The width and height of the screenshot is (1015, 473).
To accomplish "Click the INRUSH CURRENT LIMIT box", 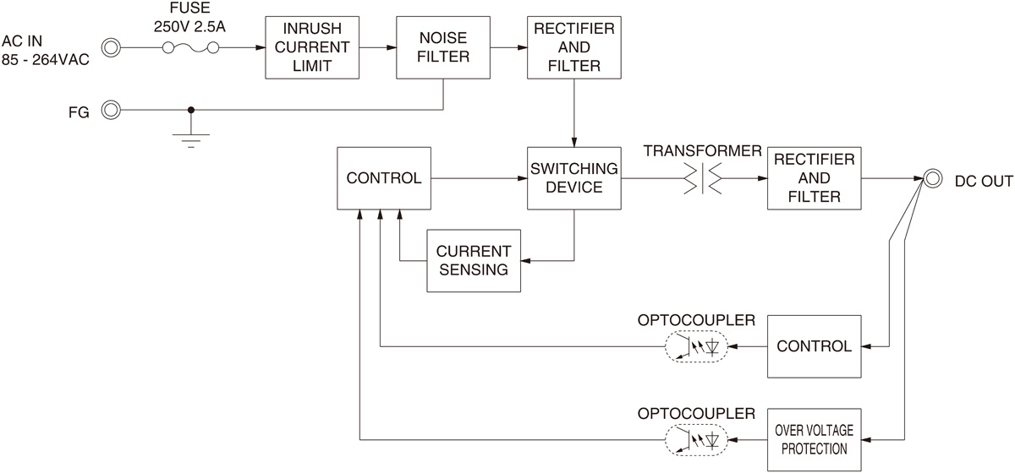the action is pos(312,47).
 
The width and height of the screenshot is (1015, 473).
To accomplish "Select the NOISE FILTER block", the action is pos(443,47).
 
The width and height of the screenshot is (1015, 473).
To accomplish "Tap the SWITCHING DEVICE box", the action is pos(574,178).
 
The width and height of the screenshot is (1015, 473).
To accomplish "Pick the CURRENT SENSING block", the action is pos(474,261).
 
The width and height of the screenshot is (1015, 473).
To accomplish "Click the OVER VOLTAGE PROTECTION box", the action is pos(815,440).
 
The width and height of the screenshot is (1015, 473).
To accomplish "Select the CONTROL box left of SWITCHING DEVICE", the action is pos(384,178).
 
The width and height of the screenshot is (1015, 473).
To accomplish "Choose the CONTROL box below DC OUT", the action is pos(815,346).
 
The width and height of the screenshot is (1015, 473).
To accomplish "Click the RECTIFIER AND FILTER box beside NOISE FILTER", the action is pos(574,47).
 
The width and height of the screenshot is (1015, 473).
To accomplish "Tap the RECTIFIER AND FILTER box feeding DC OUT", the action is pos(815,178).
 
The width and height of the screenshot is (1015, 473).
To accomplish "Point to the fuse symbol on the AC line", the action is pos(191,47).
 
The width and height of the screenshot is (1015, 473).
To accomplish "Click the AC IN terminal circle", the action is pos(111,47).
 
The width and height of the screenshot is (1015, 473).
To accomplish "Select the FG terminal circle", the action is pos(111,110).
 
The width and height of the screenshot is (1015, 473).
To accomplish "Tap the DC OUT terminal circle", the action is pos(932,178).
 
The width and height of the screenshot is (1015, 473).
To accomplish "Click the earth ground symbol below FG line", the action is pos(191,140).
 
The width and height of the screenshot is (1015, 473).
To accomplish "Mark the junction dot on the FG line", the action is pos(191,110).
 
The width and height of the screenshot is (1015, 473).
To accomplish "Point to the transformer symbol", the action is pos(702,178).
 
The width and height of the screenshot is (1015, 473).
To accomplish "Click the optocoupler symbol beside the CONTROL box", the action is pos(696,346).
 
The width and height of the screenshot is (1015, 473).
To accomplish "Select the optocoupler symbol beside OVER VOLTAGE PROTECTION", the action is pos(696,440).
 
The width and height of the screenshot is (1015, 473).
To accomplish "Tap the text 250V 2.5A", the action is pos(189,27).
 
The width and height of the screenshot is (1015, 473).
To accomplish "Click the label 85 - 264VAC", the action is pos(46,60).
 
